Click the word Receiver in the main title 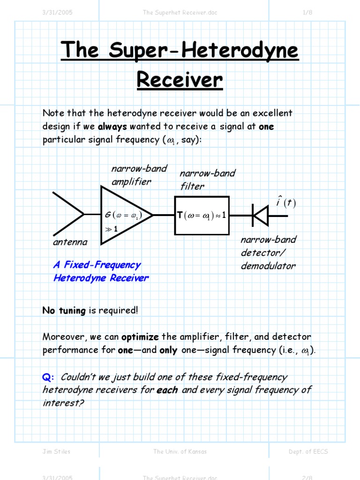point(180,80)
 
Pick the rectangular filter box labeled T point(202,215)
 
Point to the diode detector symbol point(260,216)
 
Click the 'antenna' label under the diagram point(70,242)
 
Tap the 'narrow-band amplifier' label point(139,175)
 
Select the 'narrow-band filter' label point(207,180)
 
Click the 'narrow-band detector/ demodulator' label point(268,253)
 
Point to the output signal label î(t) point(285,202)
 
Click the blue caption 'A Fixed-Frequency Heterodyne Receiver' point(101,271)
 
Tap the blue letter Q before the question point(48,377)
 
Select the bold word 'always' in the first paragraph point(112,127)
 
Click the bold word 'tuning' point(72,310)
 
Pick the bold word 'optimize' point(140,337)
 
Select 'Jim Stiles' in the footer point(56,451)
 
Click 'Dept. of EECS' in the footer point(308,451)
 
